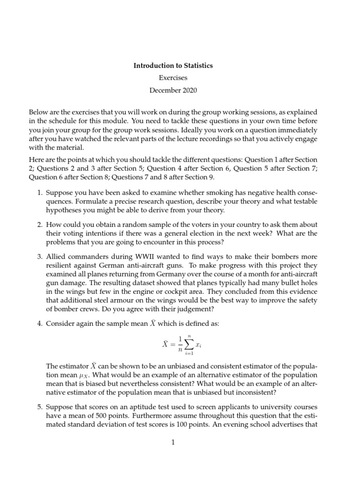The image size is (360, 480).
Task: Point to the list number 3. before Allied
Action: (x=39, y=256)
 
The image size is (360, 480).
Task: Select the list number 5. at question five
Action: (x=39, y=405)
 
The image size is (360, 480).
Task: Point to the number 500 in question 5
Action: (x=98, y=413)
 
